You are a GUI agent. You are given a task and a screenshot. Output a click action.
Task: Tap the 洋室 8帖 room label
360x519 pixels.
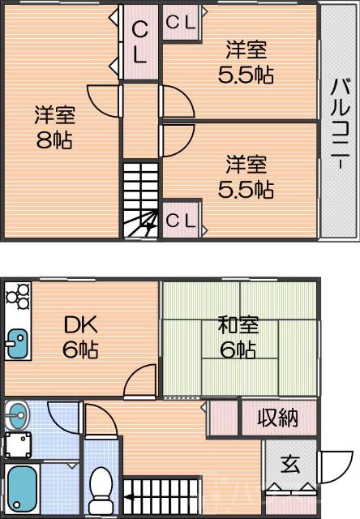(54, 126)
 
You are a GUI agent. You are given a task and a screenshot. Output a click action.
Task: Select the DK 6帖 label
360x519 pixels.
(80, 338)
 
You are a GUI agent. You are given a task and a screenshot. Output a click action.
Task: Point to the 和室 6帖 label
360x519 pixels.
(238, 338)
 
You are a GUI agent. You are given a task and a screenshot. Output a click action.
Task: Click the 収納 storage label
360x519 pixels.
(277, 418)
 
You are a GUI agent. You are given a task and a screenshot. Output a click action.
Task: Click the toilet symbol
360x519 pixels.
(101, 486)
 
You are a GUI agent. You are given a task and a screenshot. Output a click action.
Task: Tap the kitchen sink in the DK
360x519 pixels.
(16, 345)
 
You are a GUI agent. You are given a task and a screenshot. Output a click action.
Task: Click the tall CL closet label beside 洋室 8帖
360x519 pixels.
(139, 43)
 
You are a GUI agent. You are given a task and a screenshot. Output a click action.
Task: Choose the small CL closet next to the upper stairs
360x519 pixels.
(181, 221)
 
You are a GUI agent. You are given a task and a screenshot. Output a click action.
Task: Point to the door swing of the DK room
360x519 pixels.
(143, 381)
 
